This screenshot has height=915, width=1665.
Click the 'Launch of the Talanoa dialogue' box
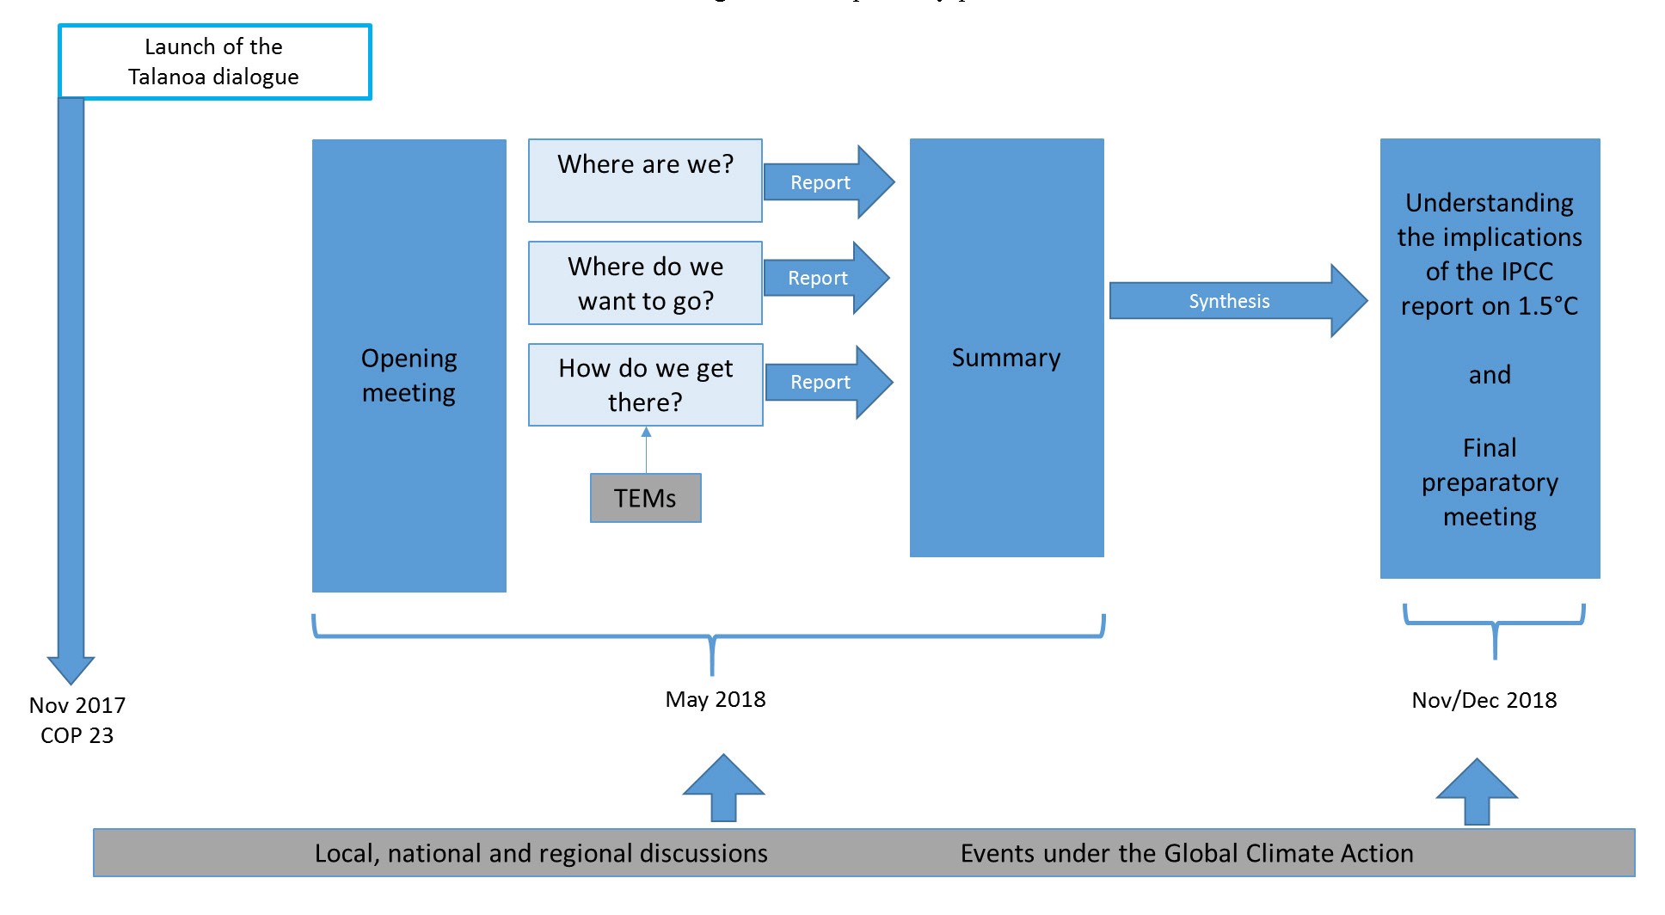214,61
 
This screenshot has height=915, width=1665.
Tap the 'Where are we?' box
645,180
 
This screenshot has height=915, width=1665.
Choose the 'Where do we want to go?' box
645,283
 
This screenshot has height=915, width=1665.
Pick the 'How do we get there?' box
645,384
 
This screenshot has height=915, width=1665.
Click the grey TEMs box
645,498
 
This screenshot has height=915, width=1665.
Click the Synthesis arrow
1230,301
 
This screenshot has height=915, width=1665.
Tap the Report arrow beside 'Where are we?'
822,182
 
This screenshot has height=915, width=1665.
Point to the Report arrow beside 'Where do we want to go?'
820,278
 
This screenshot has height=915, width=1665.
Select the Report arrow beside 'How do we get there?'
822,382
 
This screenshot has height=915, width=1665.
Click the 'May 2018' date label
716,699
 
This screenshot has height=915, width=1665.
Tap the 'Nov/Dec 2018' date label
1484,700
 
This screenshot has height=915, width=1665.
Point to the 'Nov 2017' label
77,705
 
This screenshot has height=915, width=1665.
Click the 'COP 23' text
77,735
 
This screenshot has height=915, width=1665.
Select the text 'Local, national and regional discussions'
541,853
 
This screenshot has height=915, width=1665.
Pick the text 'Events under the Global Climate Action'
1187,853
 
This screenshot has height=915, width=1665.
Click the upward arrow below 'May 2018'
723,787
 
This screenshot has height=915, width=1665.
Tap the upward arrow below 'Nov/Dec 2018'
1477,791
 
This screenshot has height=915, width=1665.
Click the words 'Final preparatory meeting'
1490,482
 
